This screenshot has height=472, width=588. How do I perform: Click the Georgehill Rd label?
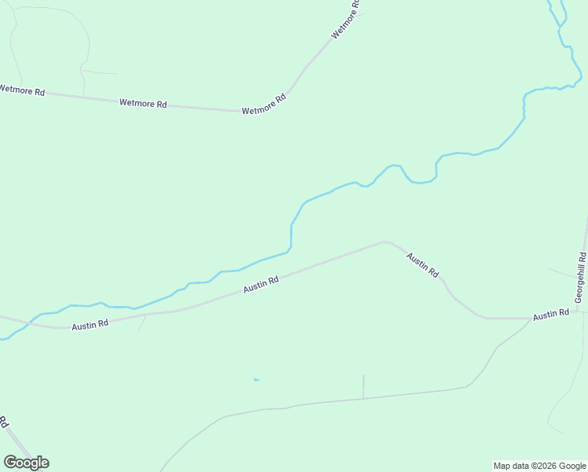pyautogui.click(x=581, y=278)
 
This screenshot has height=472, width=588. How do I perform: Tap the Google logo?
pyautogui.click(x=26, y=463)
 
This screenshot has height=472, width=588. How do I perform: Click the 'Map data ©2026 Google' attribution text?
pyautogui.click(x=539, y=466)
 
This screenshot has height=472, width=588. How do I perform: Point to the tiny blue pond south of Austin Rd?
pyautogui.click(x=256, y=380)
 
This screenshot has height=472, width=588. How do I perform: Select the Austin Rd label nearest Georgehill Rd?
pyautogui.click(x=550, y=315)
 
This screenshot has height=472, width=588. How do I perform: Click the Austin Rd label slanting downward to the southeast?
pyautogui.click(x=422, y=264)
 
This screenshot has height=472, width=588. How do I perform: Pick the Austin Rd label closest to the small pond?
pyautogui.click(x=262, y=284)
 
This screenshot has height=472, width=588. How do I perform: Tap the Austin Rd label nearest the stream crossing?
pyautogui.click(x=90, y=324)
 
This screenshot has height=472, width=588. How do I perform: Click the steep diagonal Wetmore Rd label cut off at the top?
pyautogui.click(x=346, y=20)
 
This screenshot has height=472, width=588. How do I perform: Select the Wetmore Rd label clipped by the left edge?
pyautogui.click(x=13, y=90)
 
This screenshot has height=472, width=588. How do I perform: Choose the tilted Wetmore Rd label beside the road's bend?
pyautogui.click(x=264, y=105)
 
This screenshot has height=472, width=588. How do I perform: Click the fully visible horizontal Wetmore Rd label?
pyautogui.click(x=143, y=103)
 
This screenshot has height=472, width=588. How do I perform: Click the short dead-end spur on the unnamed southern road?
pyautogui.click(x=363, y=386)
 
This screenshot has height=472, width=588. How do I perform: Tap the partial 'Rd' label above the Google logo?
pyautogui.click(x=4, y=422)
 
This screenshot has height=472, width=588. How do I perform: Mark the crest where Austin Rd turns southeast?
pyautogui.click(x=385, y=242)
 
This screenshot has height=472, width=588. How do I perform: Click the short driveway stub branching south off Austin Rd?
pyautogui.click(x=141, y=323)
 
